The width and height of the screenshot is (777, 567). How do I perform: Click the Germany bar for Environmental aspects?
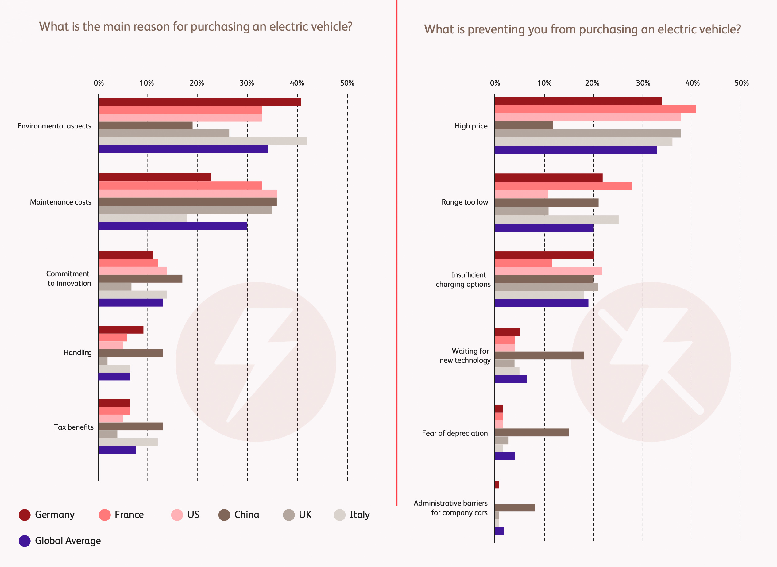click(x=199, y=102)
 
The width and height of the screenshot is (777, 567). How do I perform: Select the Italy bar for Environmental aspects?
click(x=203, y=141)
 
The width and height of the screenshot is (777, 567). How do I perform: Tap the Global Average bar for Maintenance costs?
click(x=173, y=226)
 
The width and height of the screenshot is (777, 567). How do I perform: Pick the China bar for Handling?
click(x=130, y=353)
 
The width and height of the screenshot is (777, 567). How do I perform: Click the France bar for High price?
click(x=595, y=109)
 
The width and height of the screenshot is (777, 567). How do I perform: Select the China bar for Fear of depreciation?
click(x=532, y=432)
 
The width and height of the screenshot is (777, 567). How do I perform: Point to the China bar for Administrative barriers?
click(x=515, y=508)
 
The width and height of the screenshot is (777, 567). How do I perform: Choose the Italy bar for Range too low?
click(x=556, y=220)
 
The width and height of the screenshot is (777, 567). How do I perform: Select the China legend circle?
click(x=224, y=515)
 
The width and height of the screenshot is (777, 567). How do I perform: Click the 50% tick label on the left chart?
click(x=347, y=83)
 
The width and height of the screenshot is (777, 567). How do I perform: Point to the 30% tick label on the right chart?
click(x=643, y=83)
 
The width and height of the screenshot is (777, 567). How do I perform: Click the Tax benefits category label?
click(x=74, y=427)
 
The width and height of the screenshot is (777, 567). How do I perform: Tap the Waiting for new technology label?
click(x=465, y=356)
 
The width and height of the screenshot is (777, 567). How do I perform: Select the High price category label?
click(x=471, y=126)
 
